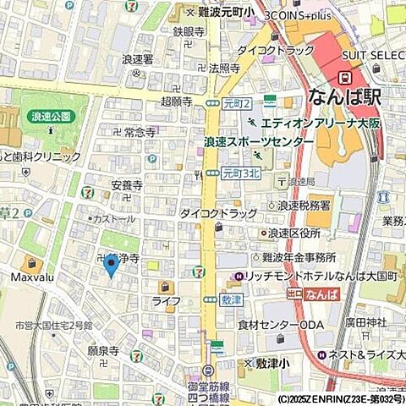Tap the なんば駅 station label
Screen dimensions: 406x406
344,96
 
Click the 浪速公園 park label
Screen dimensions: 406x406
49,118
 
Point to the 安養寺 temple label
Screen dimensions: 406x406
126,184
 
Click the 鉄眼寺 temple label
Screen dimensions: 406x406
189,31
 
